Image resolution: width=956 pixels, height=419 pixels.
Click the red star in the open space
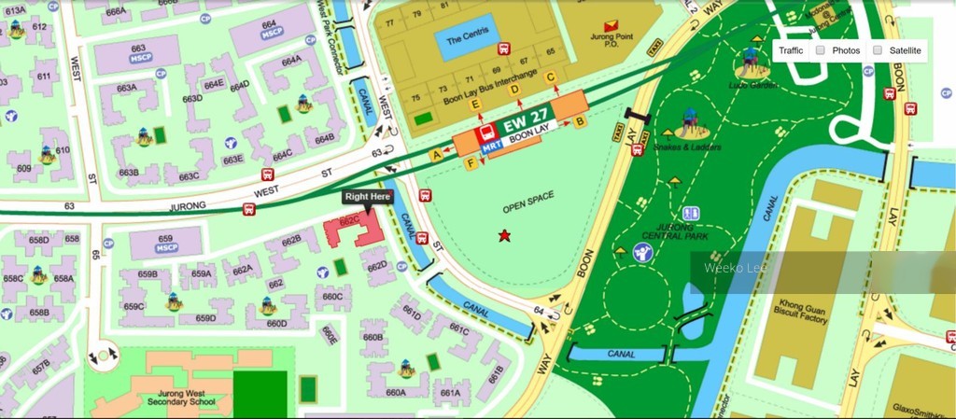point(505,235)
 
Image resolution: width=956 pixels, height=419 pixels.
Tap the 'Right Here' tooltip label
point(368,197)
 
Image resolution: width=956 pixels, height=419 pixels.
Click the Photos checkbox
point(820,50)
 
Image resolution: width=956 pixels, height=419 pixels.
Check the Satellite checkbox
point(878,50)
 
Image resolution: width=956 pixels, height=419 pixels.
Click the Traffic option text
point(791,50)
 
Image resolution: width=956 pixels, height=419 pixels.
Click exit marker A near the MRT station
point(435,154)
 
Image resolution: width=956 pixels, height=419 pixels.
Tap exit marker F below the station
point(471,164)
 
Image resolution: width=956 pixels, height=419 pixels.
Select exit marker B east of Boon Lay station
point(579,121)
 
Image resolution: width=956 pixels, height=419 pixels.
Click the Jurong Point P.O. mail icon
point(611,24)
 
